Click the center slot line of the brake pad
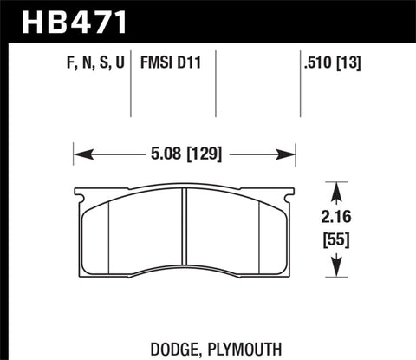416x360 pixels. (x=185, y=230)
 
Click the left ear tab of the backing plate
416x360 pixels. (x=77, y=198)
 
